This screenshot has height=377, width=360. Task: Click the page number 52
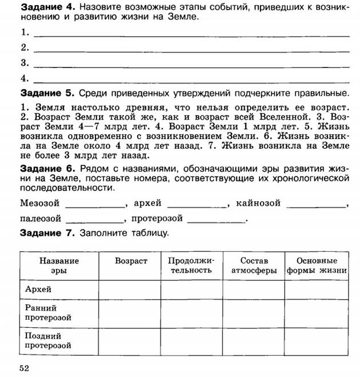[24, 367]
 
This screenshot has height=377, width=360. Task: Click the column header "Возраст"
[131, 261]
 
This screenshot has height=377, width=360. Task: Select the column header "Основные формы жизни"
[317, 265]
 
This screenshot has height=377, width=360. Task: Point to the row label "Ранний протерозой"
[48, 312]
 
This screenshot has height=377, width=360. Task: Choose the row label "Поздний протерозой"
[48, 341]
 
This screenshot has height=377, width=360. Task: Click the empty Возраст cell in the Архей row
[131, 289]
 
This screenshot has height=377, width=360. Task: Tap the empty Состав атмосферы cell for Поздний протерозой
[254, 341]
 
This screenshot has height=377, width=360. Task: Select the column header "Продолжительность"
[191, 265]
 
